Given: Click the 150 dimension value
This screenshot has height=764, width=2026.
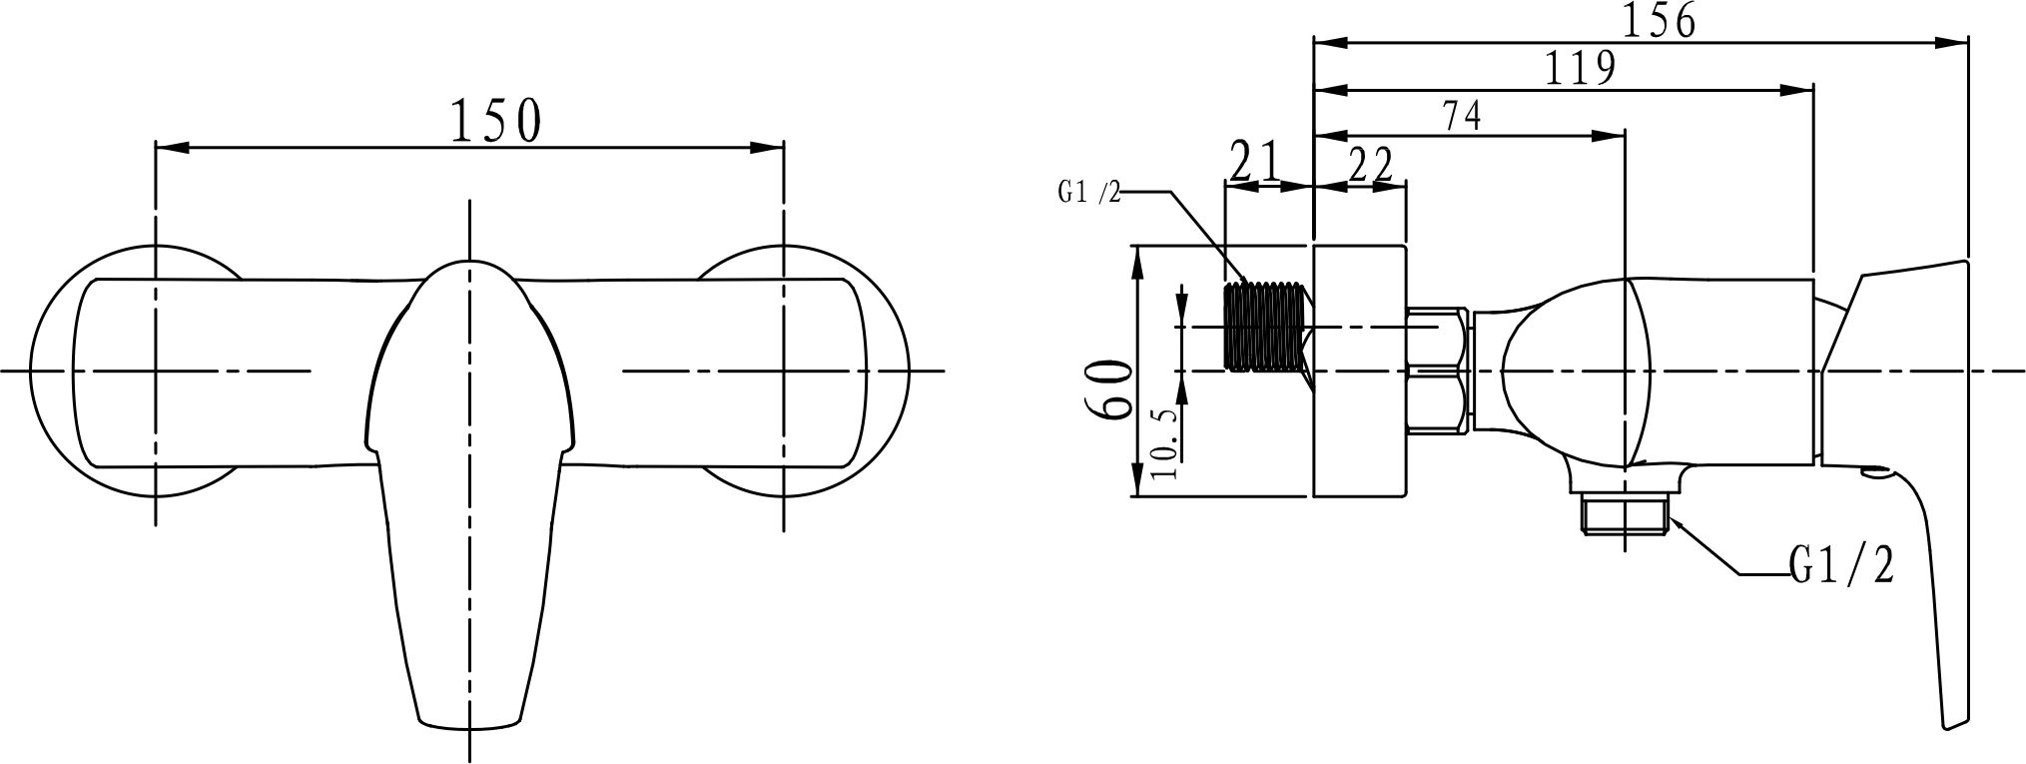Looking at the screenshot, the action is [496, 120].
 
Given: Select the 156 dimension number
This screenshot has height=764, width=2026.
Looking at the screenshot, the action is [1658, 20].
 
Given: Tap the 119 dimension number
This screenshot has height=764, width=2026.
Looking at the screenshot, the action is [1580, 68].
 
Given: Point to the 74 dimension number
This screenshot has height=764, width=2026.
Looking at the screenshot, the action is [1461, 116].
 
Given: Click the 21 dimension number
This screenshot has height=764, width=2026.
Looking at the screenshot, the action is [1255, 161].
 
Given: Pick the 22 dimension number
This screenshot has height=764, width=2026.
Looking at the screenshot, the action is [1370, 165].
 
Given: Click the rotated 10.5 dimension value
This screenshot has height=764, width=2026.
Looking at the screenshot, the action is [1163, 440].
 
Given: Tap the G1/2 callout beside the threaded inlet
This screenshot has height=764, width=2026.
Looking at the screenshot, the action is [1089, 192].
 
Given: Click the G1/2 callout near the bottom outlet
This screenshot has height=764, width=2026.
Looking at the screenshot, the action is [1840, 566].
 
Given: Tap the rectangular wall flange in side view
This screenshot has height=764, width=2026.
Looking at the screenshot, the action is [1359, 371].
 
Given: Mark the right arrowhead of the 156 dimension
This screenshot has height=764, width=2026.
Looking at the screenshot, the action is [1952, 43].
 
